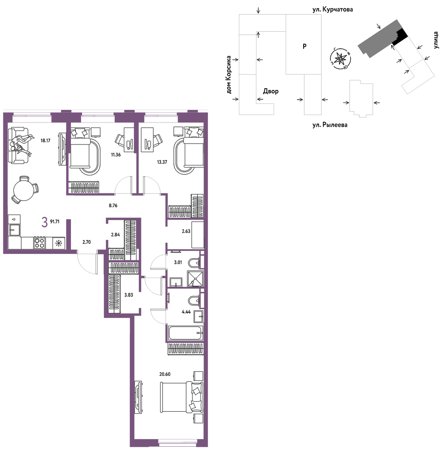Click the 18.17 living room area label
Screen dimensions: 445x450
tap(45, 141)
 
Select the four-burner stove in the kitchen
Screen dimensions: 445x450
tap(39, 243)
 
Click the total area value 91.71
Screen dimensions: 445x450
tap(55, 222)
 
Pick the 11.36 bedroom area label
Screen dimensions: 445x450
tap(116, 155)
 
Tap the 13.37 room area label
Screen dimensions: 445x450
tap(162, 162)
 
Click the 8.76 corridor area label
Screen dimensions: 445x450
tap(113, 205)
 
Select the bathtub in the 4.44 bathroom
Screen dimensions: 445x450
tap(186, 332)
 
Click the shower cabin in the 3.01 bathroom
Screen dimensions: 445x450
tap(195, 279)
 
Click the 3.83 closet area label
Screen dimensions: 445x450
tap(129, 295)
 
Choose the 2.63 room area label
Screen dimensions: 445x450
tap(186, 231)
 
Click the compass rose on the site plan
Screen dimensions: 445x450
tap(340, 59)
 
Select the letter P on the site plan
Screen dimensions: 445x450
tap(304, 46)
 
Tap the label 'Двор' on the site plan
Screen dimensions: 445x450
tap(271, 91)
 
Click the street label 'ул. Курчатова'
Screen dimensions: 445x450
tap(333, 10)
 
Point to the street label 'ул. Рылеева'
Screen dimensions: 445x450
tap(330, 125)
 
